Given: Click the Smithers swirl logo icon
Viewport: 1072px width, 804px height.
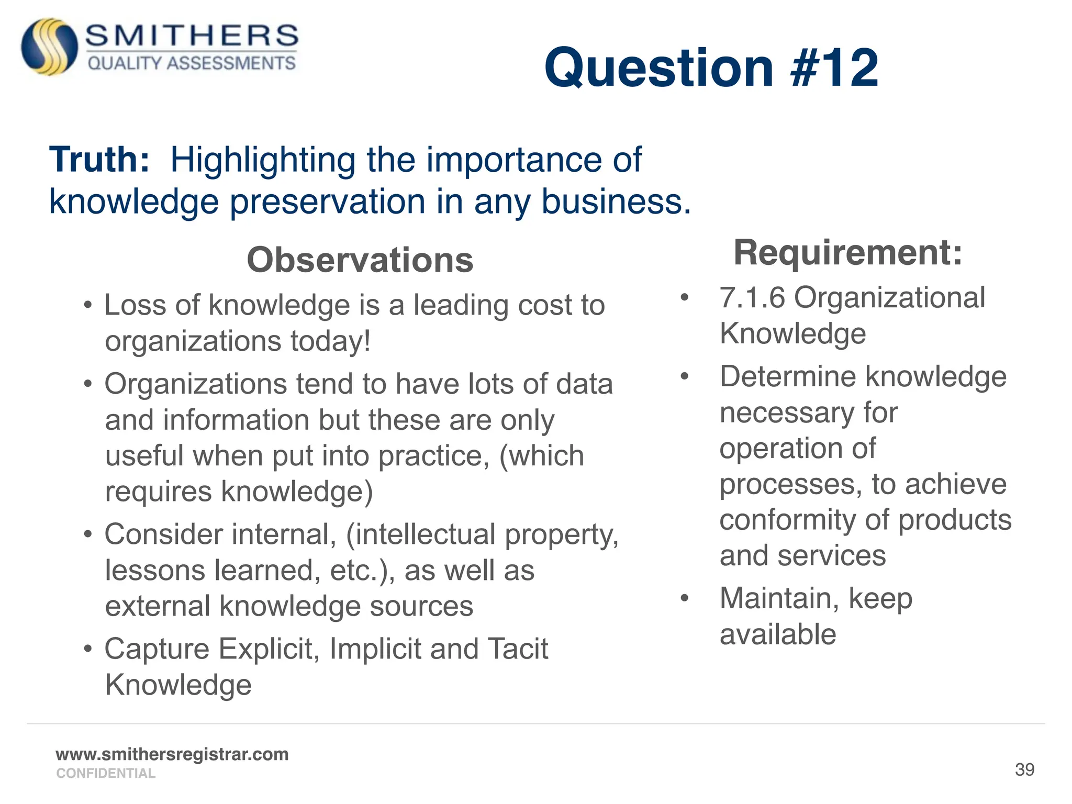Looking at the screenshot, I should point(49,47).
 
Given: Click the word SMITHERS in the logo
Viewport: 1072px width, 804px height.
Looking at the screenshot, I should point(192,36).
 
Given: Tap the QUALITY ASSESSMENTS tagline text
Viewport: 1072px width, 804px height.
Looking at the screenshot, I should point(192,63).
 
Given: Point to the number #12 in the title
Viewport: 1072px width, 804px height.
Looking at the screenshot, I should point(834,68).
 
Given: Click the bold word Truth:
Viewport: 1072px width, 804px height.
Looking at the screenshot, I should point(99,160).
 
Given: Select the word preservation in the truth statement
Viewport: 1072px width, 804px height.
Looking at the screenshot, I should point(328,202).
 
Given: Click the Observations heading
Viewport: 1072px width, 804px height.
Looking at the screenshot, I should point(360,260).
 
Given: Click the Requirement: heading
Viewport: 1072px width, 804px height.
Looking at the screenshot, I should point(848,253).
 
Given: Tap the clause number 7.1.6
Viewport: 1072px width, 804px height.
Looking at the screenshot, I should point(753,298).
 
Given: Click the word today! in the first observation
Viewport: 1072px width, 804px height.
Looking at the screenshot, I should point(331,341).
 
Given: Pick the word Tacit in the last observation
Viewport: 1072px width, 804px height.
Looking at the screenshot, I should point(518,649).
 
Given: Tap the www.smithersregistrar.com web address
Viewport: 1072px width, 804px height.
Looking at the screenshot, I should point(172,754).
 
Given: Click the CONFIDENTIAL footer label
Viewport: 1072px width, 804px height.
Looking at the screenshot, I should point(106,773).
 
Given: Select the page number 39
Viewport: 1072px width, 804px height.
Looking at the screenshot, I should point(1024,769).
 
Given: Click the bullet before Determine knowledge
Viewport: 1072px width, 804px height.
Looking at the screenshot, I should point(684,376).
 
